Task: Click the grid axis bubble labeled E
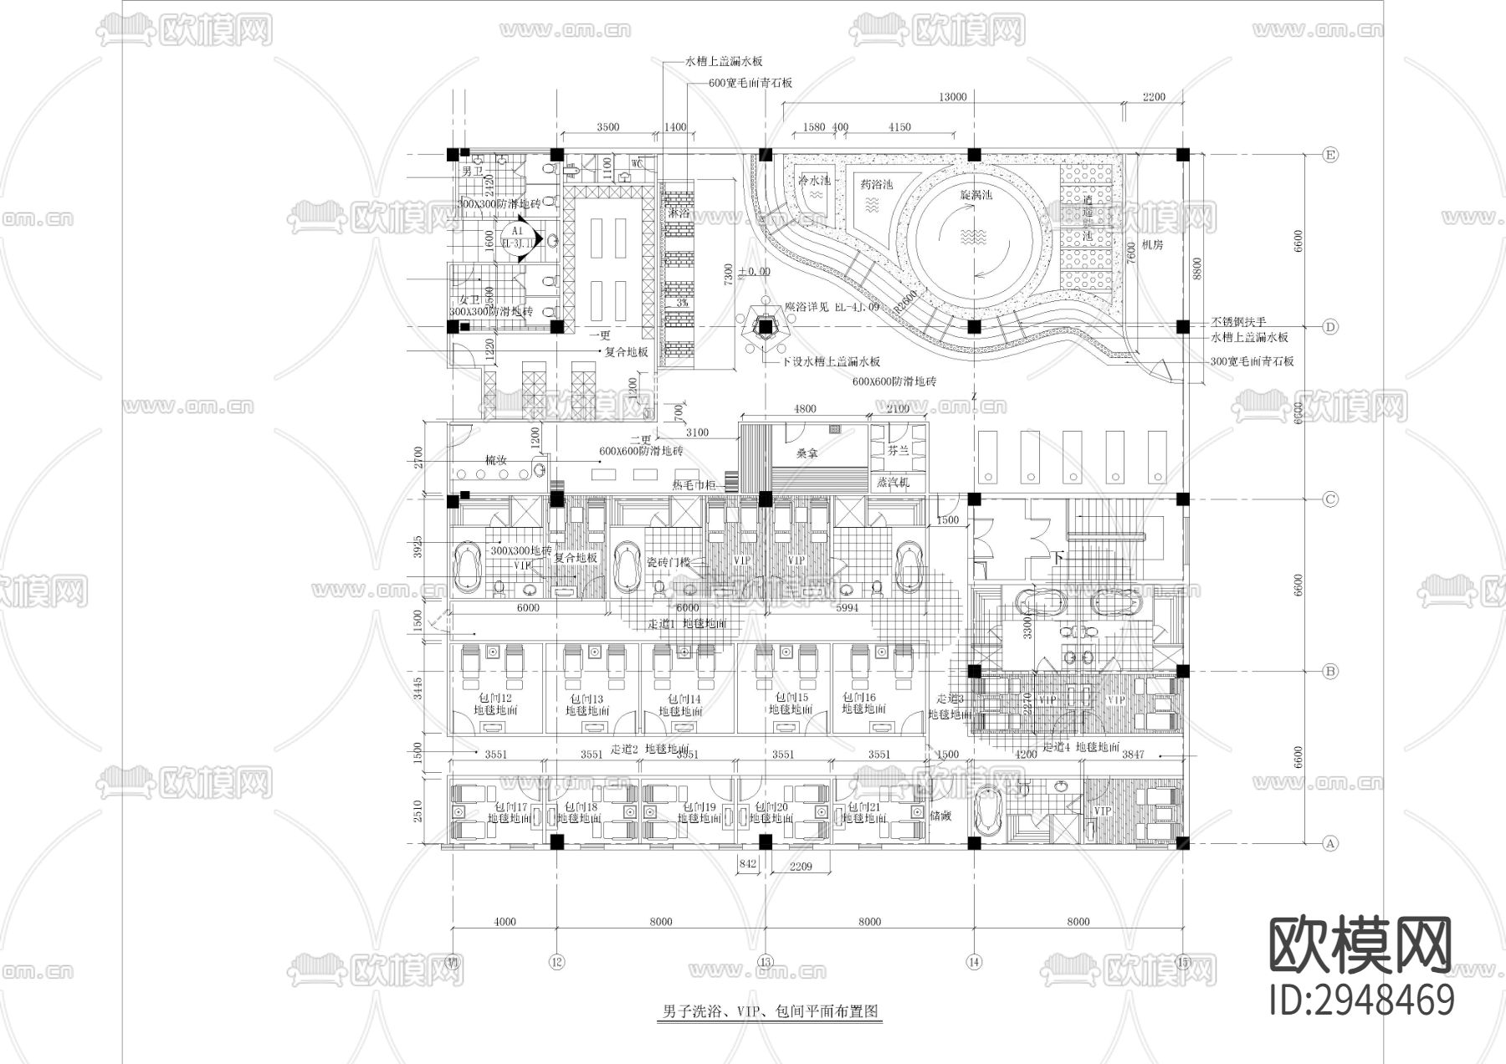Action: (x=1329, y=155)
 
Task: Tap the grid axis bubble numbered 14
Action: (x=973, y=961)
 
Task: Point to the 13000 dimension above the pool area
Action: (x=952, y=97)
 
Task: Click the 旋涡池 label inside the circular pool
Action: (x=975, y=194)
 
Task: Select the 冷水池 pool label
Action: (x=813, y=181)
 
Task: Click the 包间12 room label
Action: (x=494, y=698)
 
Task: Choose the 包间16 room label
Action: (x=858, y=697)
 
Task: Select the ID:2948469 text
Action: (x=1361, y=1000)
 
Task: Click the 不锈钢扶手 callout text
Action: (x=1238, y=322)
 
